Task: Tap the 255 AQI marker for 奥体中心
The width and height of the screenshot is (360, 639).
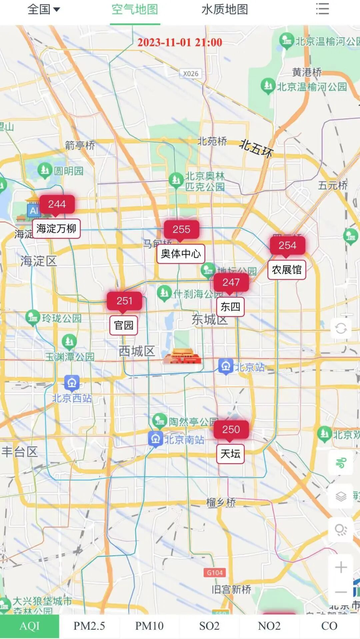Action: click(x=181, y=229)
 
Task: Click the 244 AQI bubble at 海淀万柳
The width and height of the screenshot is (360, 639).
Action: click(x=57, y=204)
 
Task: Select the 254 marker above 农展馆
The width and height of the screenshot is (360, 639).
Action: click(x=288, y=245)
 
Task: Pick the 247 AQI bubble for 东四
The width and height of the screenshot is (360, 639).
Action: click(x=231, y=283)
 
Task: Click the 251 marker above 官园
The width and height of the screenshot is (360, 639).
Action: click(x=124, y=301)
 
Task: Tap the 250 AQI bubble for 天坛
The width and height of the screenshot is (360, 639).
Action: click(x=231, y=430)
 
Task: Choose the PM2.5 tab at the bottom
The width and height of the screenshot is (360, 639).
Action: click(x=90, y=626)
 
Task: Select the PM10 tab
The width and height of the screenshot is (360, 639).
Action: click(x=149, y=626)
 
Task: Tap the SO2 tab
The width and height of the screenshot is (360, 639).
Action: click(x=209, y=626)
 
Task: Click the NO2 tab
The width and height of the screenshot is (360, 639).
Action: click(x=269, y=626)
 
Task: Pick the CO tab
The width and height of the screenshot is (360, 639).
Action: click(x=329, y=626)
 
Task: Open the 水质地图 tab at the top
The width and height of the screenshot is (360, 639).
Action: click(x=225, y=9)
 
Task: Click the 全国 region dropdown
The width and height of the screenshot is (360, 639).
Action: click(x=44, y=9)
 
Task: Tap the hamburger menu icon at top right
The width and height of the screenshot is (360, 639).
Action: click(x=322, y=9)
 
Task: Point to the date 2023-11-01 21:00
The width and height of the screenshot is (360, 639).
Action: click(x=180, y=43)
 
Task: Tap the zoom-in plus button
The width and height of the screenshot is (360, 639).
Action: click(x=341, y=567)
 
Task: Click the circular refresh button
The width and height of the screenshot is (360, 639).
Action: click(x=341, y=329)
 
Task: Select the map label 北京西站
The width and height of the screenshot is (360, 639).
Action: click(x=72, y=398)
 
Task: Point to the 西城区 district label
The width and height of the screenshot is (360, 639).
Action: click(x=137, y=351)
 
